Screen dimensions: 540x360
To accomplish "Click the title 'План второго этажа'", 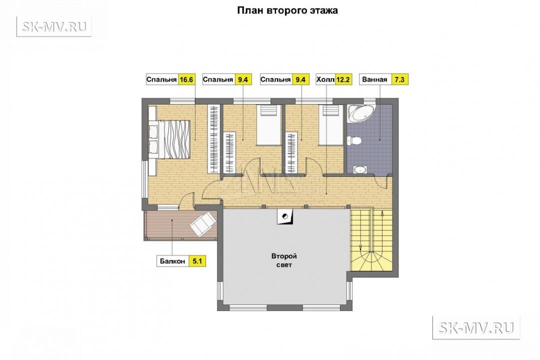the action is (x=287, y=10).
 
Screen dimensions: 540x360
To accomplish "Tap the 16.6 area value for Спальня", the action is (x=186, y=79).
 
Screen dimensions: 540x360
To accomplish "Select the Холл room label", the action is (x=325, y=79).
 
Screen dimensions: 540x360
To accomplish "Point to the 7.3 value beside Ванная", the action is (x=399, y=79).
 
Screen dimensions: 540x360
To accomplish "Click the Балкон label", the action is (x=172, y=261).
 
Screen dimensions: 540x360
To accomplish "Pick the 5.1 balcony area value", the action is (x=196, y=261).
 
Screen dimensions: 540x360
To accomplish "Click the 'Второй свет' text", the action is (x=284, y=260).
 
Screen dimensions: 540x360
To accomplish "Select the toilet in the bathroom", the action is (x=354, y=140).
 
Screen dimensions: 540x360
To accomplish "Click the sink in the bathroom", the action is (x=360, y=169).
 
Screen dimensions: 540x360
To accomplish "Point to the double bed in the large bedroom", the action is (x=169, y=139).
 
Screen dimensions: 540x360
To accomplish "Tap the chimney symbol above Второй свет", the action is (x=285, y=216).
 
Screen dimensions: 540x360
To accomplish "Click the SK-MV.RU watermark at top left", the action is (x=54, y=26).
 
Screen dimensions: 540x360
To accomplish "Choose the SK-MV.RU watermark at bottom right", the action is (x=476, y=327).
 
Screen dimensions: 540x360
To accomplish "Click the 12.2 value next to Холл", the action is (x=343, y=79).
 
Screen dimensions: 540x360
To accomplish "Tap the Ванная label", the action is (x=374, y=79).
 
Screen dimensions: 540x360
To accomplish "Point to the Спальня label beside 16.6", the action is (x=161, y=79).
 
